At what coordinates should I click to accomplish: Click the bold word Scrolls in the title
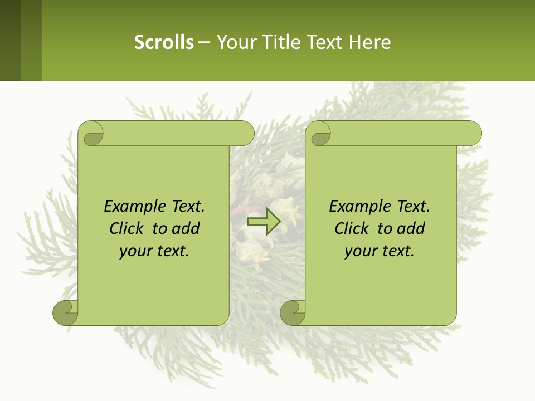click(164, 42)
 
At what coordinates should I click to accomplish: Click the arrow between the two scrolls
click(264, 221)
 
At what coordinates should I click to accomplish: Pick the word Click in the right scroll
click(352, 229)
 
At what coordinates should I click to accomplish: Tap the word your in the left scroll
click(135, 251)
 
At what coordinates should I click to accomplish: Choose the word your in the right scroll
click(361, 251)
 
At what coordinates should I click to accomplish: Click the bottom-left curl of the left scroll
click(66, 312)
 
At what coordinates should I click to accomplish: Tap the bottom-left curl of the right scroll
click(293, 312)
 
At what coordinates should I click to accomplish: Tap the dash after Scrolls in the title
click(204, 42)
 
